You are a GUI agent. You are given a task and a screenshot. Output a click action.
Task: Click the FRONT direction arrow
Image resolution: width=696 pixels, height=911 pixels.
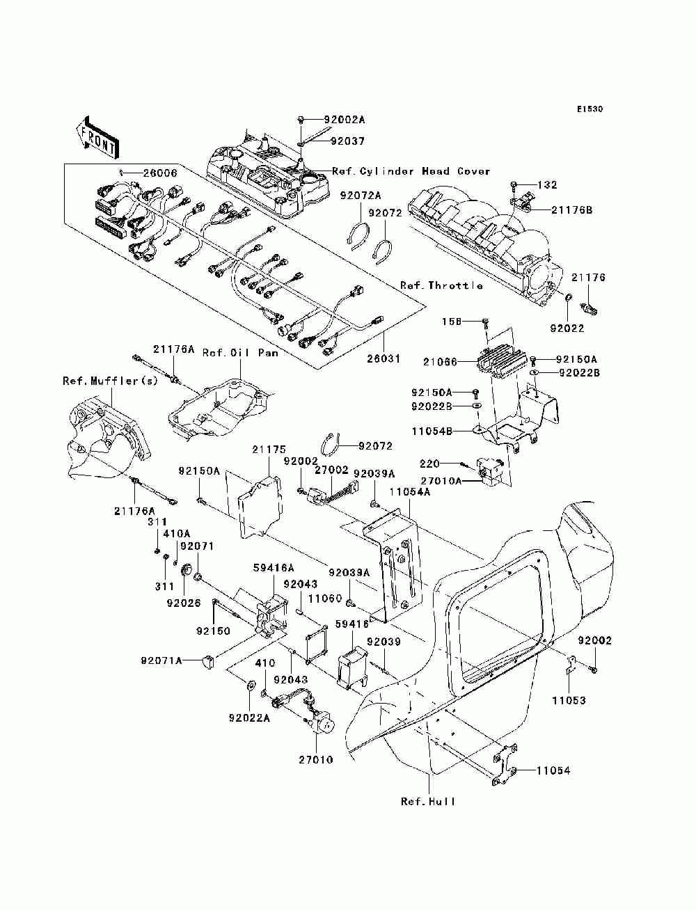(x=98, y=138)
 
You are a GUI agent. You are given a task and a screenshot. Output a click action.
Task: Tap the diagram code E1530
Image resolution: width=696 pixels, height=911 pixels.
(x=590, y=109)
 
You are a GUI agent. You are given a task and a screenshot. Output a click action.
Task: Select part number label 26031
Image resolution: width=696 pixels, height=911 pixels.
(x=383, y=358)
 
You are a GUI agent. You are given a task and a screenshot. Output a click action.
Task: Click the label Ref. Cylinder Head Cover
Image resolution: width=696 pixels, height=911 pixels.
(x=411, y=171)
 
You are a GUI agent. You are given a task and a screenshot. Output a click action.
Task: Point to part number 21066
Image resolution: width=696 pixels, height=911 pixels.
(x=440, y=362)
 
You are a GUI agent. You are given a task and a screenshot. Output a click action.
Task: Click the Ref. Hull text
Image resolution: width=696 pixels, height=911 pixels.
(x=428, y=802)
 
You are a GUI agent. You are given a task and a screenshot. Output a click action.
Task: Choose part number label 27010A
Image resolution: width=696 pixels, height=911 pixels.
(x=441, y=481)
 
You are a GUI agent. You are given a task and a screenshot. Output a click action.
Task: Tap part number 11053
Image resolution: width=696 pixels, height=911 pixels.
(x=569, y=701)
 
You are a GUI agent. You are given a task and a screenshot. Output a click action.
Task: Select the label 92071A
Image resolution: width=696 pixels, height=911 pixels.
(x=162, y=660)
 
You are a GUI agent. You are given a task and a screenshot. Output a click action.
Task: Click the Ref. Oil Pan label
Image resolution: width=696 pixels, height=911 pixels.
(x=240, y=353)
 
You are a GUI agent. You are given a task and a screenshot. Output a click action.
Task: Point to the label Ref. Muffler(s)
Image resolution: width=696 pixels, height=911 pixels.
(x=111, y=381)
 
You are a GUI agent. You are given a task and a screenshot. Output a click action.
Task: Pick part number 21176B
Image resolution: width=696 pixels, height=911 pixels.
(x=572, y=210)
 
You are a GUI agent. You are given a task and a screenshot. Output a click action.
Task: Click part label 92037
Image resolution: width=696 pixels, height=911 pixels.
(x=347, y=141)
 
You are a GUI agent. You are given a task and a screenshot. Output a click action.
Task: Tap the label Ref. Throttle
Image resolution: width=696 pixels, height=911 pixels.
(x=441, y=285)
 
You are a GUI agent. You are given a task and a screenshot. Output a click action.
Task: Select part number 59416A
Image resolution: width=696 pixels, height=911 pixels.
(x=274, y=567)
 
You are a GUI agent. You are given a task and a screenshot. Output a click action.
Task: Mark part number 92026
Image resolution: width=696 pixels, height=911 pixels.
(x=184, y=603)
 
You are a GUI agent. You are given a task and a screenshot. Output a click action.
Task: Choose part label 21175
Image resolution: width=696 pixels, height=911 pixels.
(x=269, y=449)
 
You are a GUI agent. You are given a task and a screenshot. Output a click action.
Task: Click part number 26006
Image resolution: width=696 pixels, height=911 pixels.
(x=160, y=173)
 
